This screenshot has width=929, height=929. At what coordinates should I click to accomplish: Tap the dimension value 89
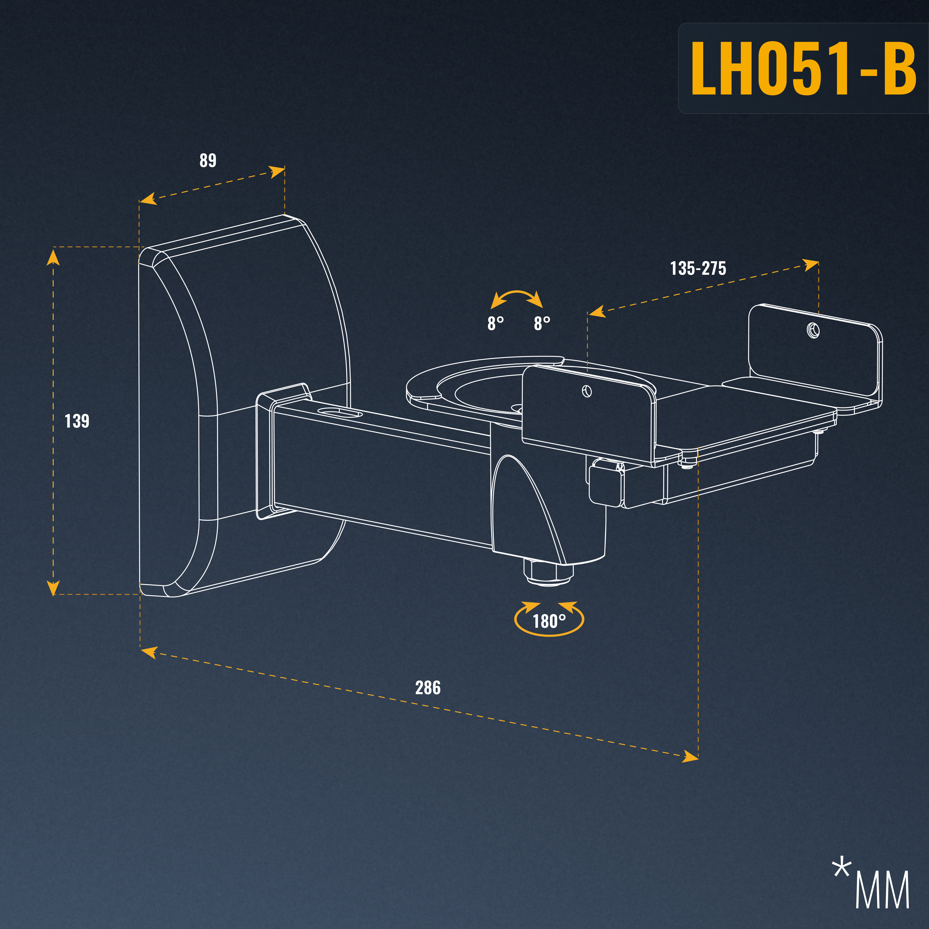pos(208,160)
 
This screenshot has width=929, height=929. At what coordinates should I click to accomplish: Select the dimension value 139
pos(77,421)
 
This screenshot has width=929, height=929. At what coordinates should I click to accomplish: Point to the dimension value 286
pos(428,688)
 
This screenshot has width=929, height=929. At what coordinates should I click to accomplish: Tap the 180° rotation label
pos(549,621)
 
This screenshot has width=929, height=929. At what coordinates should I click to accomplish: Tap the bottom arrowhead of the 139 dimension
pos(53,588)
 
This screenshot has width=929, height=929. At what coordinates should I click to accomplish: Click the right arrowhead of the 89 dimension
pos(277,172)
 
